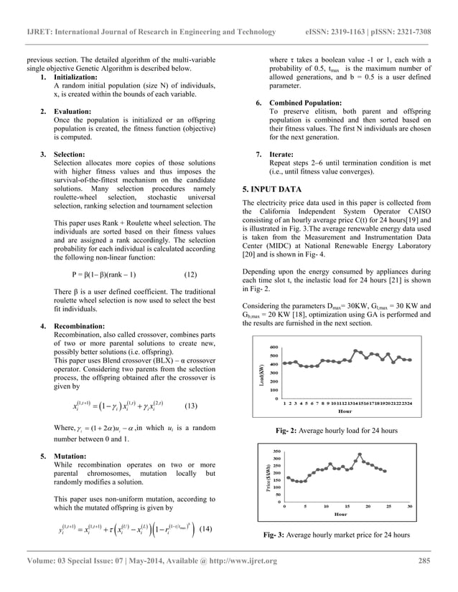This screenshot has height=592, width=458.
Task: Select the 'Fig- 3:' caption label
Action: (x=278, y=535)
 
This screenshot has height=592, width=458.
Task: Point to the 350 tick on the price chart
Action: (x=276, y=452)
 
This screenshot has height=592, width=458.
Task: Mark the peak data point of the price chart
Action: (x=359, y=455)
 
